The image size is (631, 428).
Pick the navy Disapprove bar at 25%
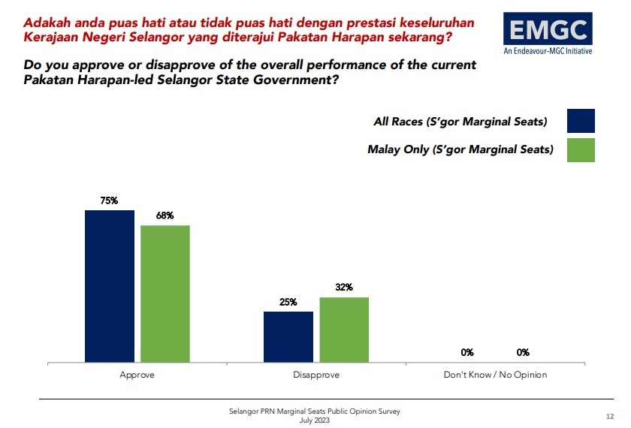tap(288, 337)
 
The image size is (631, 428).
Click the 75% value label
tap(109, 200)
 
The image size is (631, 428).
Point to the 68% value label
tap(165, 216)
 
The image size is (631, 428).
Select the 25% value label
tap(288, 302)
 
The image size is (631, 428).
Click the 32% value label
tap(344, 287)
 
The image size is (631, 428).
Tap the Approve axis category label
tap(137, 375)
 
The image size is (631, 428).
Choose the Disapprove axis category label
tap(315, 375)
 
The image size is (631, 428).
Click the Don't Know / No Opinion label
tap(494, 375)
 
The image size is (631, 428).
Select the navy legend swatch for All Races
tap(581, 121)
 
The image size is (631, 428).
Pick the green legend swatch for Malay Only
tap(581, 149)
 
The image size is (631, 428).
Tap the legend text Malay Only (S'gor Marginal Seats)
tap(460, 149)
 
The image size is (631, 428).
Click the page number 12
tap(609, 416)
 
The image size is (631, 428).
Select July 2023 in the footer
tap(315, 420)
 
